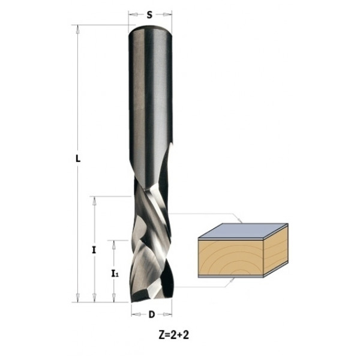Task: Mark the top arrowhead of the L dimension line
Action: (78, 28)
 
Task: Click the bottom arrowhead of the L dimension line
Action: (78, 299)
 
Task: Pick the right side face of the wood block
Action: (276, 252)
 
